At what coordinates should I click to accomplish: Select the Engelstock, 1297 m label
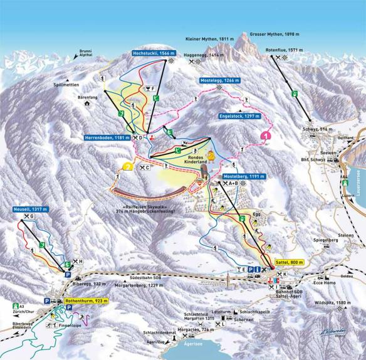[x=238, y=116]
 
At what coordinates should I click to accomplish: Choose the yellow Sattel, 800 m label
[x=289, y=262]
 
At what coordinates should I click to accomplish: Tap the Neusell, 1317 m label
[x=29, y=209]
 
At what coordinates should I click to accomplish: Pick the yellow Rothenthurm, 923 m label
[x=86, y=302]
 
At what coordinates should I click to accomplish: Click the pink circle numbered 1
[x=266, y=135]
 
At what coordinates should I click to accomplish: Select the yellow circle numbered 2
[x=128, y=167]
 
